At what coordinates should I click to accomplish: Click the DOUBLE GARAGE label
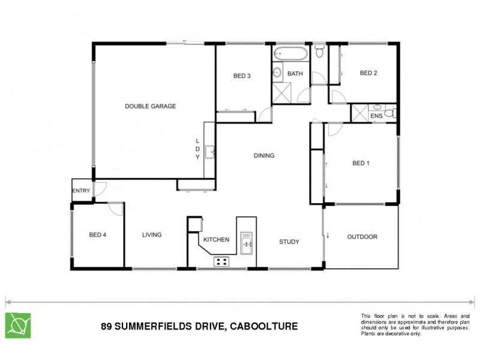pos(150,106)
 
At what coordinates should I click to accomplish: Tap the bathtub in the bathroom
pos(291,54)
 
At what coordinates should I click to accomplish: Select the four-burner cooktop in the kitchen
pos(222,261)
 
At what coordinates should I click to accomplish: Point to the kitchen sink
pos(247,242)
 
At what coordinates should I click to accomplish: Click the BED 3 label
pos(242,76)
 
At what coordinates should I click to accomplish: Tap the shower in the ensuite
pos(359,113)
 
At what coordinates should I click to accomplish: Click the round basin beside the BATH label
pos(277,73)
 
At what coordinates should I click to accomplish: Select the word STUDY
pos(289,242)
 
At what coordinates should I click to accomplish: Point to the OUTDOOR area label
pos(362,237)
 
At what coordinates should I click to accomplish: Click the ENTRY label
pos(81,191)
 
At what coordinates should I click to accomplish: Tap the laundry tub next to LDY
pos(209,151)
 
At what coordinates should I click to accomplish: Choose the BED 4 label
pos(97,235)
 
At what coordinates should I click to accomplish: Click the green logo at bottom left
pos(18,325)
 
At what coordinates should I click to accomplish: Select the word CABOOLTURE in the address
pos(265,327)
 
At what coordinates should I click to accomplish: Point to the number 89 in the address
pos(106,327)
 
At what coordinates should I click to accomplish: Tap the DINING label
pos(263,155)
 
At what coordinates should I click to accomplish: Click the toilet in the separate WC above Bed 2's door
pos(320,52)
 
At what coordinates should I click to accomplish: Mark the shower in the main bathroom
pos(281,94)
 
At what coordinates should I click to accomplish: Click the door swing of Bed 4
pos(116,209)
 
